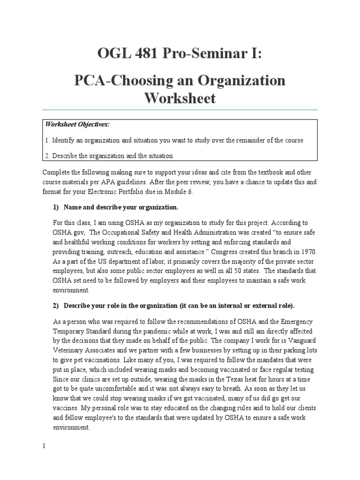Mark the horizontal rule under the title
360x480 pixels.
(x=180, y=110)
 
